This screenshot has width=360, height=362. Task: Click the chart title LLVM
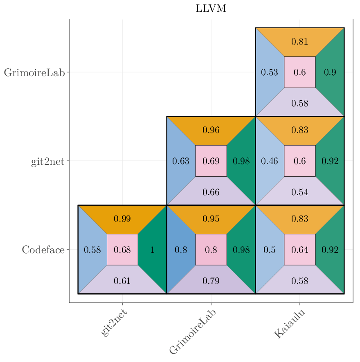tap(211, 9)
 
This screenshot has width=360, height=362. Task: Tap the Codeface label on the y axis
tap(43, 250)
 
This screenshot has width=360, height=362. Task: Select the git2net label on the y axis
tap(47, 161)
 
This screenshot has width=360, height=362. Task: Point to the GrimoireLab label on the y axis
tap(34, 72)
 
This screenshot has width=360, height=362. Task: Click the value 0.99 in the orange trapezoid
tap(122, 219)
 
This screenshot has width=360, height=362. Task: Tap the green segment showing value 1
tap(153, 250)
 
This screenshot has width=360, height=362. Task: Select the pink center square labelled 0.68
tap(122, 250)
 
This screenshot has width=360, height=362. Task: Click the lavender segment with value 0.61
tap(122, 281)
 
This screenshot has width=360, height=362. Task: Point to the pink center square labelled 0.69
tap(211, 161)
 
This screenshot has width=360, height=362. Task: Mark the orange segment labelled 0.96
tap(211, 130)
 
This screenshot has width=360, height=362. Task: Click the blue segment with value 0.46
tap(269, 161)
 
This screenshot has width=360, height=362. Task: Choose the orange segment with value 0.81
tap(299, 42)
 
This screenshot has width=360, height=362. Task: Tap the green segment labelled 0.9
tap(330, 72)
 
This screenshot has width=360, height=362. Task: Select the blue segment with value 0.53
tap(269, 72)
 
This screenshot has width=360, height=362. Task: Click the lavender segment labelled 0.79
tap(211, 281)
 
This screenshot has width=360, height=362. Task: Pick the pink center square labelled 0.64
tap(299, 250)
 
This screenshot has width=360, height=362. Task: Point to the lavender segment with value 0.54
tap(299, 192)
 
